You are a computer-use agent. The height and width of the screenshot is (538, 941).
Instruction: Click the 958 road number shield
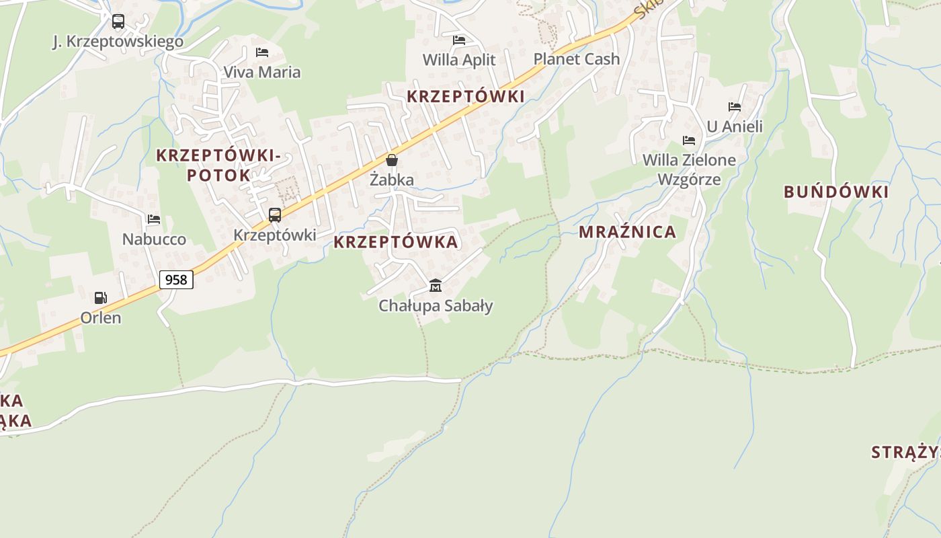(x=176, y=279)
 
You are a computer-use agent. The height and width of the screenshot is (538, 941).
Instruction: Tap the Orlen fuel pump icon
(x=100, y=297)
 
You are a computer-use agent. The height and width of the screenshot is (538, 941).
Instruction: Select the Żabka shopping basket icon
(x=392, y=160)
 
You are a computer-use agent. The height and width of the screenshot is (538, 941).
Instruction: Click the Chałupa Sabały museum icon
(x=435, y=286)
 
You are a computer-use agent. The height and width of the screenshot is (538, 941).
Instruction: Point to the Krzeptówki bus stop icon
(x=274, y=215)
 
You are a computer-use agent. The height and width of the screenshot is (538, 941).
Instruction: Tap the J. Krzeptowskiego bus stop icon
(x=118, y=22)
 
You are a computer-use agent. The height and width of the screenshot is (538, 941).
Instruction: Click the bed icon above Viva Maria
(x=262, y=52)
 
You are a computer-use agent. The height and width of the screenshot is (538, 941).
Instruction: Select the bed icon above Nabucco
(x=154, y=219)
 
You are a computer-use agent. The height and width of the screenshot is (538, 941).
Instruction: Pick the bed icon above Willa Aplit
(x=459, y=40)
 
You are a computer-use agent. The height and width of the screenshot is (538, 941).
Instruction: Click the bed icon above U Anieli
(x=734, y=107)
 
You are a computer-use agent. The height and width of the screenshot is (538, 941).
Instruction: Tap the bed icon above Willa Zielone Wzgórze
(x=689, y=141)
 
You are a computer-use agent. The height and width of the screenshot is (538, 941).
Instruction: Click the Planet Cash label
(x=576, y=59)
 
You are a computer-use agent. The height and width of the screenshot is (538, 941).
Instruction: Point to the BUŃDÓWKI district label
(x=835, y=192)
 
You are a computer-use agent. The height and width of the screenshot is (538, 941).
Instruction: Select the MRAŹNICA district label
(x=627, y=232)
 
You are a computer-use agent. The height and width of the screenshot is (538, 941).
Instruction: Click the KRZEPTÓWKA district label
(x=396, y=242)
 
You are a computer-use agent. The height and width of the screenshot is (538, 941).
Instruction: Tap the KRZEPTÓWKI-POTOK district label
(x=218, y=165)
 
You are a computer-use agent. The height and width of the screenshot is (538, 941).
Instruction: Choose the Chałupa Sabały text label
(x=436, y=306)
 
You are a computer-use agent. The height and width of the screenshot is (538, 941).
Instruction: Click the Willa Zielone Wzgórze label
(x=689, y=169)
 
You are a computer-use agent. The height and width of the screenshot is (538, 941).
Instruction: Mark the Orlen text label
(x=101, y=317)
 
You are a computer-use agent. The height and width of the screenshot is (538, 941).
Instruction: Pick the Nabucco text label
(x=154, y=239)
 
